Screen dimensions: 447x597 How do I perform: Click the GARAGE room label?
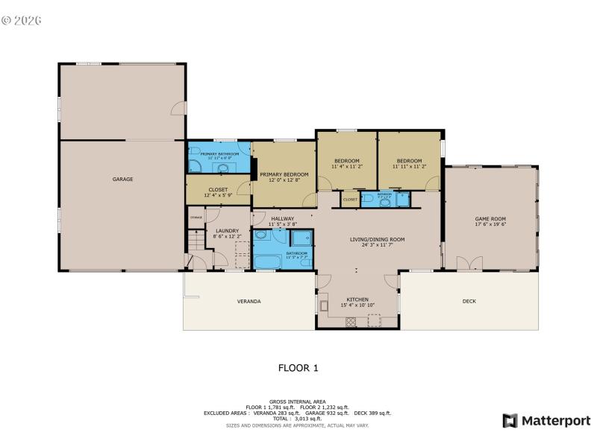point(122,179)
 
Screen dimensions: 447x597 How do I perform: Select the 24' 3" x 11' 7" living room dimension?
point(377,245)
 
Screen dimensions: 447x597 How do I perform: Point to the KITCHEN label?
point(357,299)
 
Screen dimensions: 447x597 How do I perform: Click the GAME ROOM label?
point(490,219)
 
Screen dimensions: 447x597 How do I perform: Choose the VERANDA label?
point(249,301)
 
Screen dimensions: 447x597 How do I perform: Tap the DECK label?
point(469,301)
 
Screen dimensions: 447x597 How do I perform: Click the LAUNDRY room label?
point(227,231)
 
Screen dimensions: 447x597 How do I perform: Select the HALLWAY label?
point(283,218)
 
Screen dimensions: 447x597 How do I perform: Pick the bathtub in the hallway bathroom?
point(267,261)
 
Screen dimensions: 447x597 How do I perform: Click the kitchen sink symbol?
point(324,305)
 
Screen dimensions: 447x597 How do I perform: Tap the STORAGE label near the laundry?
point(196,217)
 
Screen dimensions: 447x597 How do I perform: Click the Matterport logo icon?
point(510,421)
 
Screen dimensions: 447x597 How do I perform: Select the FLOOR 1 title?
point(298,367)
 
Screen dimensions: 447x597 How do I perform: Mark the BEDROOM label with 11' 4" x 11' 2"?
point(346,161)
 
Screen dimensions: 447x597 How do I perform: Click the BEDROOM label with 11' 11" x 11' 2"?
point(409,161)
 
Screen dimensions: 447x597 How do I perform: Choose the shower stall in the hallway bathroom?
point(301,238)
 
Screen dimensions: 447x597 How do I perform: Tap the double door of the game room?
point(465,264)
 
